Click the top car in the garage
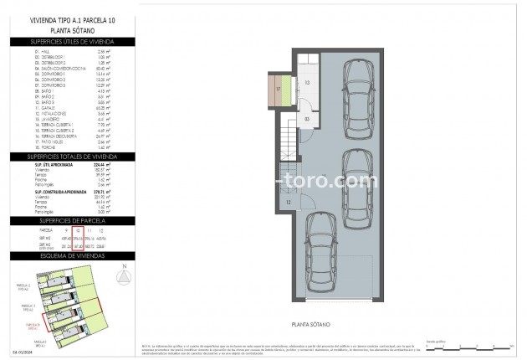coord(359,94)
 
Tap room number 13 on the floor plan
coord(307,83)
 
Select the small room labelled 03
coord(307,120)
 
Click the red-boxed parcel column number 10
coord(77,230)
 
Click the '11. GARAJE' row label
coord(47,108)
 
